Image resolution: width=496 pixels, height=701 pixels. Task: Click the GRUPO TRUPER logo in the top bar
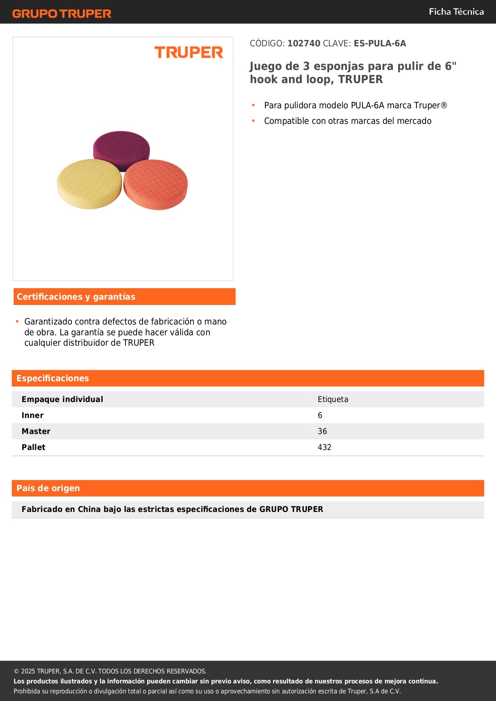62,14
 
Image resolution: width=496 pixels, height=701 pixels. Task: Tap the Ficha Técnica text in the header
456,12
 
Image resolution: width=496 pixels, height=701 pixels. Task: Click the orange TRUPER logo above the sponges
189,52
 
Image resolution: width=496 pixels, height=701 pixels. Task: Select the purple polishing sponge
122,145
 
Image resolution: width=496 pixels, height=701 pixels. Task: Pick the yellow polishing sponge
89,184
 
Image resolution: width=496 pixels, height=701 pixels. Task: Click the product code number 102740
304,44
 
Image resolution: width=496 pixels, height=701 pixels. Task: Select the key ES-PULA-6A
380,44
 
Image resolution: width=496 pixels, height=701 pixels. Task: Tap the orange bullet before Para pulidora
253,105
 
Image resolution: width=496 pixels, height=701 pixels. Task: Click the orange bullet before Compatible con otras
253,121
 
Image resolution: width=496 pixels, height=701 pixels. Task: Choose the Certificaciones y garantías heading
76,297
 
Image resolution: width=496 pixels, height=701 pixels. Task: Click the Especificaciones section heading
53,378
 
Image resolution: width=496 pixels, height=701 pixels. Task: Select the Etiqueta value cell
333,399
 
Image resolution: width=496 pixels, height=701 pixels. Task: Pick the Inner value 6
320,415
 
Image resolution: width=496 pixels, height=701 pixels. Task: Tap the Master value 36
322,431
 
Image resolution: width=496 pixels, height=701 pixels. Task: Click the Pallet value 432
325,447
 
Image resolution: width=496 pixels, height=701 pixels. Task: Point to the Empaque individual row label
62,399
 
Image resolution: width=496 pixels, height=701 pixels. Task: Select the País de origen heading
48,488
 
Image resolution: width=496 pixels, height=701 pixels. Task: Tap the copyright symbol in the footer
16,671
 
